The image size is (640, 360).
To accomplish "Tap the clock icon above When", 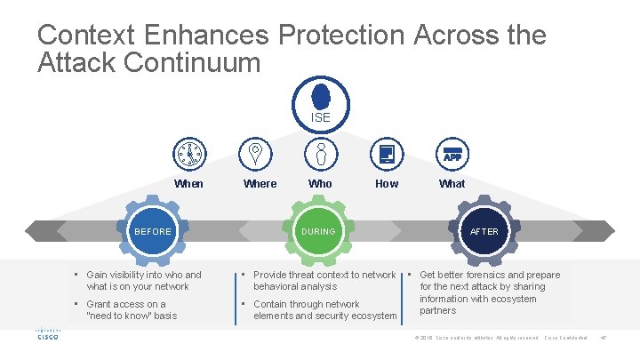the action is (x=188, y=154).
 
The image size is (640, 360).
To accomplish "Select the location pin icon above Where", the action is (x=255, y=154).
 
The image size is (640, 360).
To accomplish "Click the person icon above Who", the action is (x=320, y=154).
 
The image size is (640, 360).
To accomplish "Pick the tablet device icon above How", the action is (x=386, y=154).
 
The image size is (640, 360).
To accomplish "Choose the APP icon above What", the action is (x=452, y=154).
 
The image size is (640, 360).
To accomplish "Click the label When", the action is (x=188, y=184).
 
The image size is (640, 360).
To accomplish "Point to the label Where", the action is (x=260, y=184).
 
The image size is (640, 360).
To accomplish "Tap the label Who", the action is (x=320, y=184).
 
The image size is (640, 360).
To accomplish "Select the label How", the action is (x=387, y=184).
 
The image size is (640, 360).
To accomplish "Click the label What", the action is (x=452, y=184).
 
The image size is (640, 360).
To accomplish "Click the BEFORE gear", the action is (x=152, y=232).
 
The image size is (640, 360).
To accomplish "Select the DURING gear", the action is (x=318, y=232).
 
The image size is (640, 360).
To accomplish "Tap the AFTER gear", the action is (x=484, y=232).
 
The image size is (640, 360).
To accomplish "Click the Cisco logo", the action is (x=46, y=336).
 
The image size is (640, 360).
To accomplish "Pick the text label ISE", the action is (x=320, y=117).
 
